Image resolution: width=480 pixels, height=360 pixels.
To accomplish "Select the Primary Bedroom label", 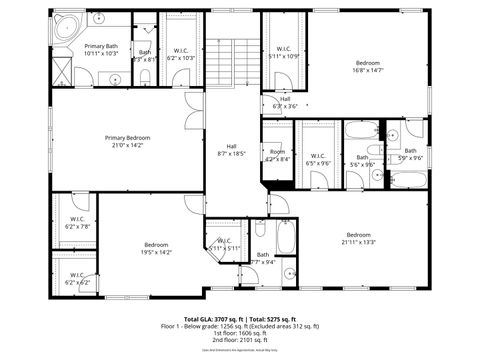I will pyautogui.click(x=128, y=141).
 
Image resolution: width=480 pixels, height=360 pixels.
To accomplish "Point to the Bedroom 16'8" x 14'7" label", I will pyautogui.click(x=367, y=67).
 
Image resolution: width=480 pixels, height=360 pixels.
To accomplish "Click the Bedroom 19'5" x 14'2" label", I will pyautogui.click(x=156, y=248).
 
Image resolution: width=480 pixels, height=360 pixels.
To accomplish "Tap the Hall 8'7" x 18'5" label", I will pyautogui.click(x=231, y=150).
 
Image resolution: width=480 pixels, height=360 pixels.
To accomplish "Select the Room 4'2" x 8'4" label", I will pyautogui.click(x=277, y=155).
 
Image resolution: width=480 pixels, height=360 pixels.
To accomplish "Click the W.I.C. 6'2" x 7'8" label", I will pyautogui.click(x=76, y=222).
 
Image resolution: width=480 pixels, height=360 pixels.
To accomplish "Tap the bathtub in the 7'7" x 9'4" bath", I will pyautogui.click(x=284, y=236).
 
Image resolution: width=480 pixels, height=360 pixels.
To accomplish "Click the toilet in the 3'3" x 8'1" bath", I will pyautogui.click(x=146, y=74).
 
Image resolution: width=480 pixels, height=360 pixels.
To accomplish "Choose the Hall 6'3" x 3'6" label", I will pyautogui.click(x=285, y=102).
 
